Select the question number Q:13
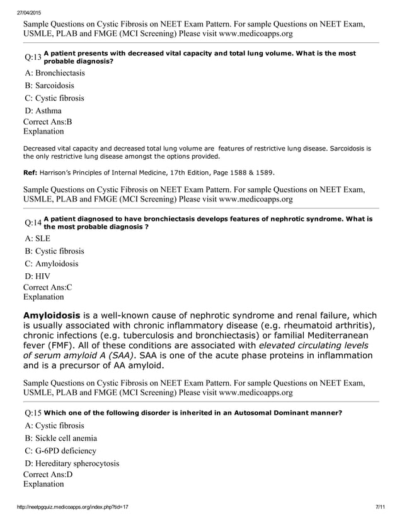pyautogui.click(x=33, y=57)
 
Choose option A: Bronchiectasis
pyautogui.click(x=55, y=73)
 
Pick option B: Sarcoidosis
pyautogui.click(x=50, y=86)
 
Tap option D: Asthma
pyautogui.click(x=43, y=111)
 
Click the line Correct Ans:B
pyautogui.click(x=47, y=122)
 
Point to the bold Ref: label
pyautogui.click(x=30, y=171)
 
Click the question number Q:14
pyautogui.click(x=33, y=223)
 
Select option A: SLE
pyautogui.click(x=38, y=239)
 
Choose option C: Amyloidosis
pyautogui.click(x=52, y=264)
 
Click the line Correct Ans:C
pyautogui.click(x=47, y=286)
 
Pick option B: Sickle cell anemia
pyautogui.click(x=61, y=438)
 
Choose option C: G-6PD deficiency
pyautogui.click(x=60, y=451)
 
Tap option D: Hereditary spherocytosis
pyautogui.click(x=72, y=464)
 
